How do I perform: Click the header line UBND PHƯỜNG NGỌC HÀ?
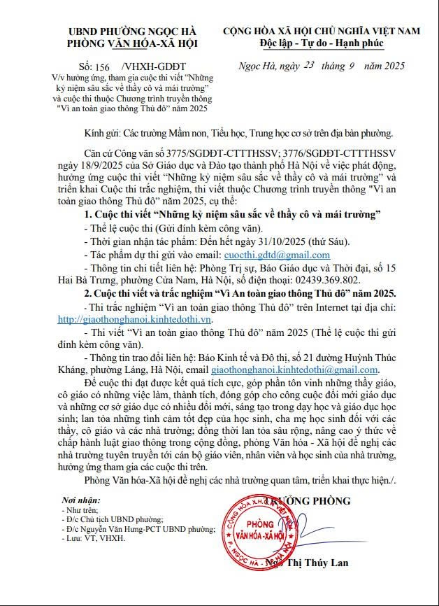(x=133, y=31)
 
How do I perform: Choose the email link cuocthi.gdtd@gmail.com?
(x=275, y=255)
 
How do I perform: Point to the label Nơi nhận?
(x=81, y=502)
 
